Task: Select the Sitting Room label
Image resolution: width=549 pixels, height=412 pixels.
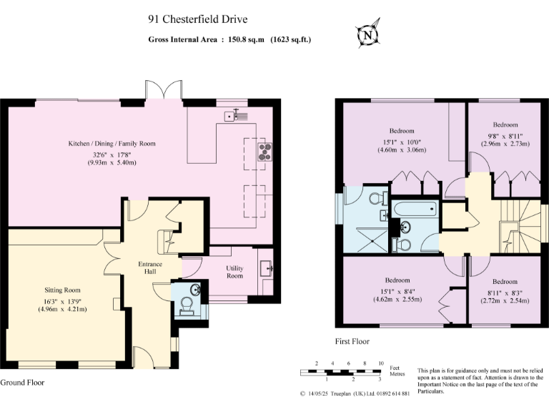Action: coord(61,290)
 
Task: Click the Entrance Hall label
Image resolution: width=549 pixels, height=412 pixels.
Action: coord(149,268)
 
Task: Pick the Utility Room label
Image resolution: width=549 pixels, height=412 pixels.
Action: coord(234,271)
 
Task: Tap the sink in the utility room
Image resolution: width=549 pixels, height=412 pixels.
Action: coord(268,268)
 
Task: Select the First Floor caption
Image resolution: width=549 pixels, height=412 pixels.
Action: coord(353,342)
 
